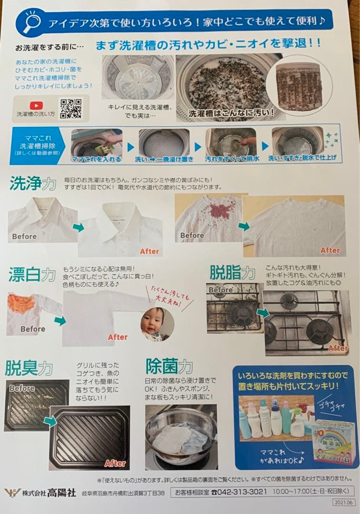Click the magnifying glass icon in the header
coord(31,22)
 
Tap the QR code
coord(70,109)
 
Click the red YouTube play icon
coord(36,106)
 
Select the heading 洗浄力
coord(32,184)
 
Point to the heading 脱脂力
coord(232,272)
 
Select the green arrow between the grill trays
coord(50,421)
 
